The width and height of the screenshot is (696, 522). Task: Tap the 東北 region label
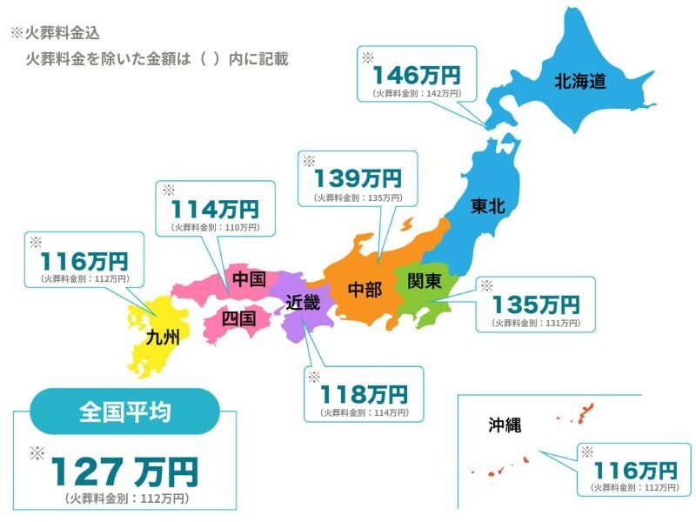click(x=488, y=206)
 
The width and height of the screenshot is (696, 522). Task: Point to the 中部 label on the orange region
click(x=365, y=290)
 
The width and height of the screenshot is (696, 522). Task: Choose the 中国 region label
click(x=249, y=279)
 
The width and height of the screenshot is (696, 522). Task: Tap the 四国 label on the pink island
click(x=238, y=318)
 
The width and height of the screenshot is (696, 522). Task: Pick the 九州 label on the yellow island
click(x=162, y=337)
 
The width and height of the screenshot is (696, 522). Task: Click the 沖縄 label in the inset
click(x=505, y=425)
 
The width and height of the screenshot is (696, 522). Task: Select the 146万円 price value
click(x=416, y=75)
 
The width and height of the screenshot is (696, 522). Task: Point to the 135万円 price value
click(x=536, y=304)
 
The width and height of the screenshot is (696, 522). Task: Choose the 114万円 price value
click(x=214, y=209)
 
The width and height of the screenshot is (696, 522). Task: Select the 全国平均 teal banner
click(x=124, y=412)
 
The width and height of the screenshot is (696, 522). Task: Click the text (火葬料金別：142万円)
click(x=417, y=92)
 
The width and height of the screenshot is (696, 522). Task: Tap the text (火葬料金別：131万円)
click(x=536, y=323)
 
